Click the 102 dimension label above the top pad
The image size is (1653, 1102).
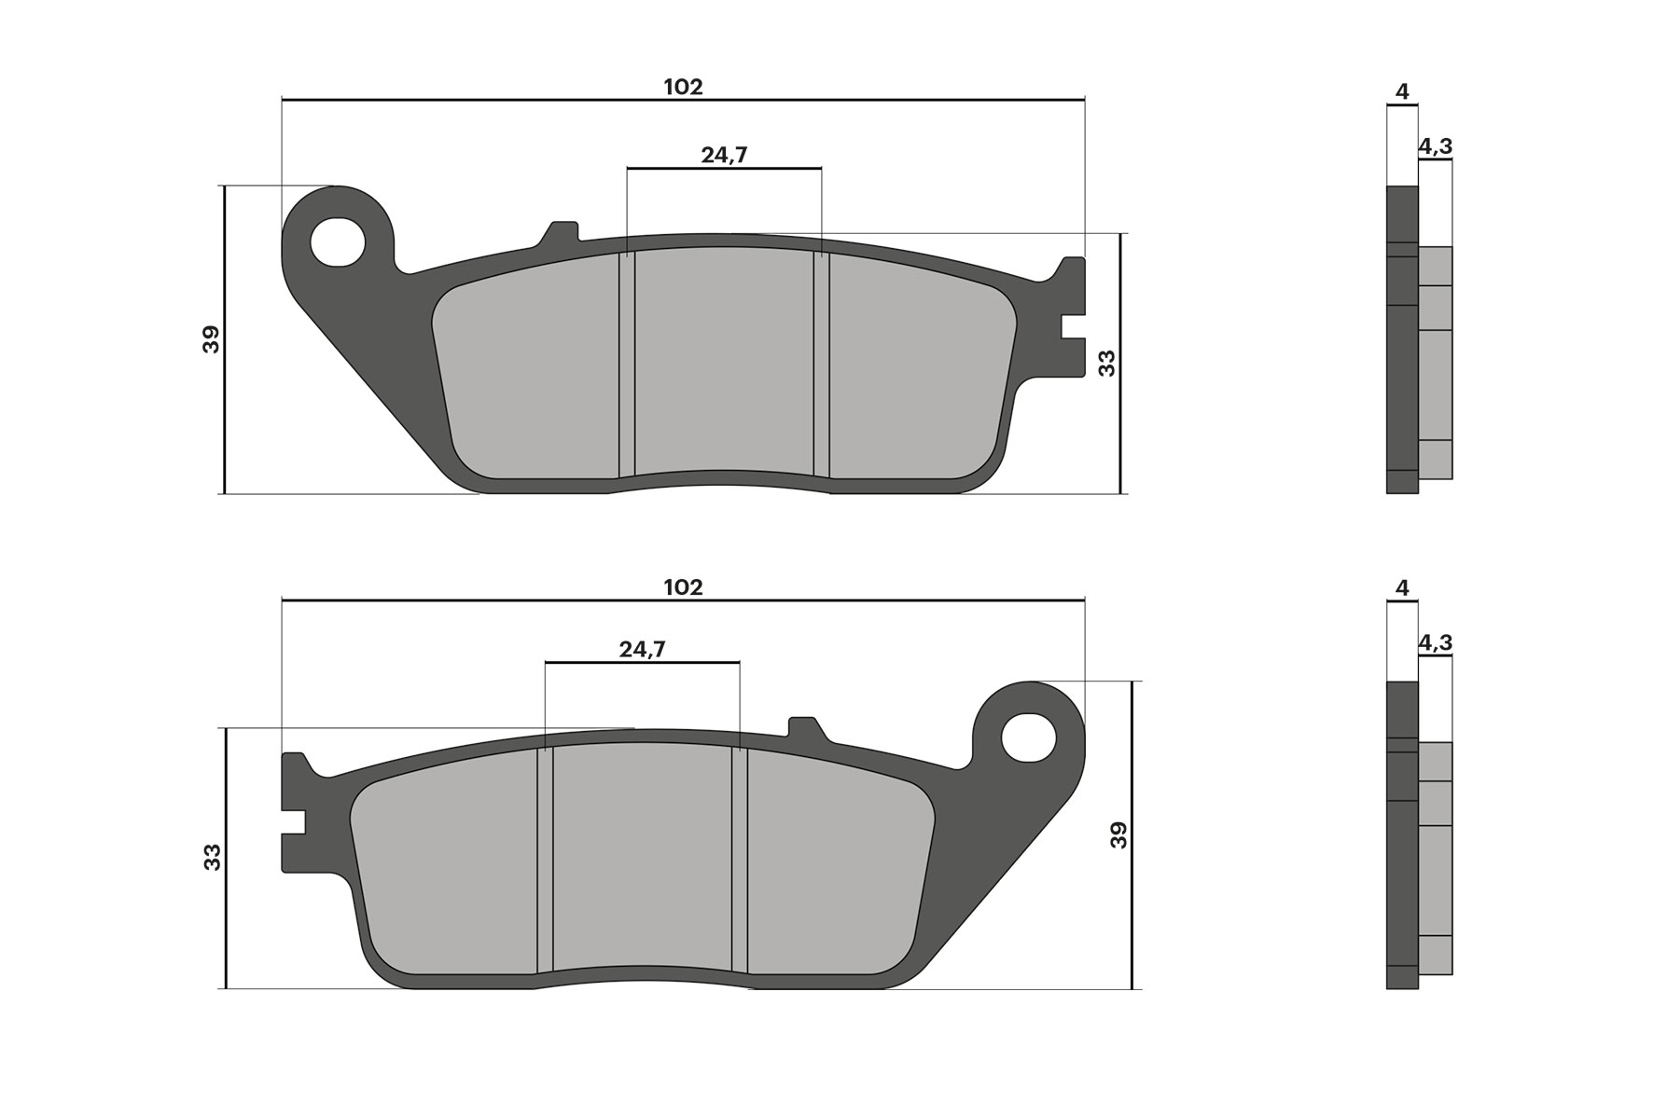tap(683, 87)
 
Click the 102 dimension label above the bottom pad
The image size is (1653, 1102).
tap(683, 587)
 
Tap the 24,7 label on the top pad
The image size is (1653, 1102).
tap(725, 156)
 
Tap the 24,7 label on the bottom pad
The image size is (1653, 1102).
tap(642, 650)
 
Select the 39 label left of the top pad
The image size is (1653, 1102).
tap(212, 338)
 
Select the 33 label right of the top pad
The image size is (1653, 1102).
tap(1106, 363)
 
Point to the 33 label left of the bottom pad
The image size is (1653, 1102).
tap(213, 857)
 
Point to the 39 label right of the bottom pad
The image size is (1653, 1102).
tap(1118, 834)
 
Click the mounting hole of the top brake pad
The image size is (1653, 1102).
tap(338, 241)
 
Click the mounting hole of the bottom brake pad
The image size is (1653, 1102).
tap(1029, 737)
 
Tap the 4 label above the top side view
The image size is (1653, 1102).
tap(1402, 91)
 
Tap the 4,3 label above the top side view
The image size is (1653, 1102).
tap(1435, 146)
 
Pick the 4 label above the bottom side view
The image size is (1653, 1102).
tap(1402, 587)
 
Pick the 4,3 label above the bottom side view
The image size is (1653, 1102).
tap(1435, 642)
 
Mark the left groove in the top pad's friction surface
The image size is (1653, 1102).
tap(627, 364)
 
